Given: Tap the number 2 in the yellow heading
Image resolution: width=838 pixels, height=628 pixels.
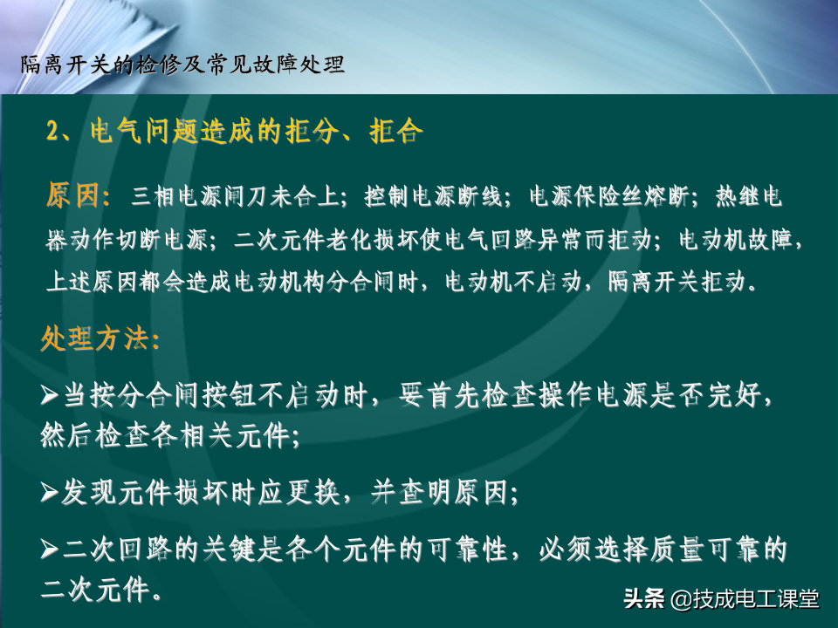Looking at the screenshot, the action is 53,131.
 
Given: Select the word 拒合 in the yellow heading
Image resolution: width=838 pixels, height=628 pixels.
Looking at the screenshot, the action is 396,130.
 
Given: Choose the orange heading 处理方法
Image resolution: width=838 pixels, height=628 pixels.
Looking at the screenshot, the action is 94,338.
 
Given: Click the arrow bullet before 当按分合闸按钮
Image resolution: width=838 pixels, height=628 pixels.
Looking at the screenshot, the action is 50,396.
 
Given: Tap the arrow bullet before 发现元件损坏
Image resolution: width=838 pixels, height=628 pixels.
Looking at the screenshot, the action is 50,492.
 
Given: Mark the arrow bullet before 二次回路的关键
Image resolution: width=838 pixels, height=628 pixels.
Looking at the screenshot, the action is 50,549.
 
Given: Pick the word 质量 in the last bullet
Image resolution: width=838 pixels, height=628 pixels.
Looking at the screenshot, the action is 677,549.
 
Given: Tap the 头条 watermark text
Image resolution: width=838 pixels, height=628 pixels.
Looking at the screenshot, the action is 644,598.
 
